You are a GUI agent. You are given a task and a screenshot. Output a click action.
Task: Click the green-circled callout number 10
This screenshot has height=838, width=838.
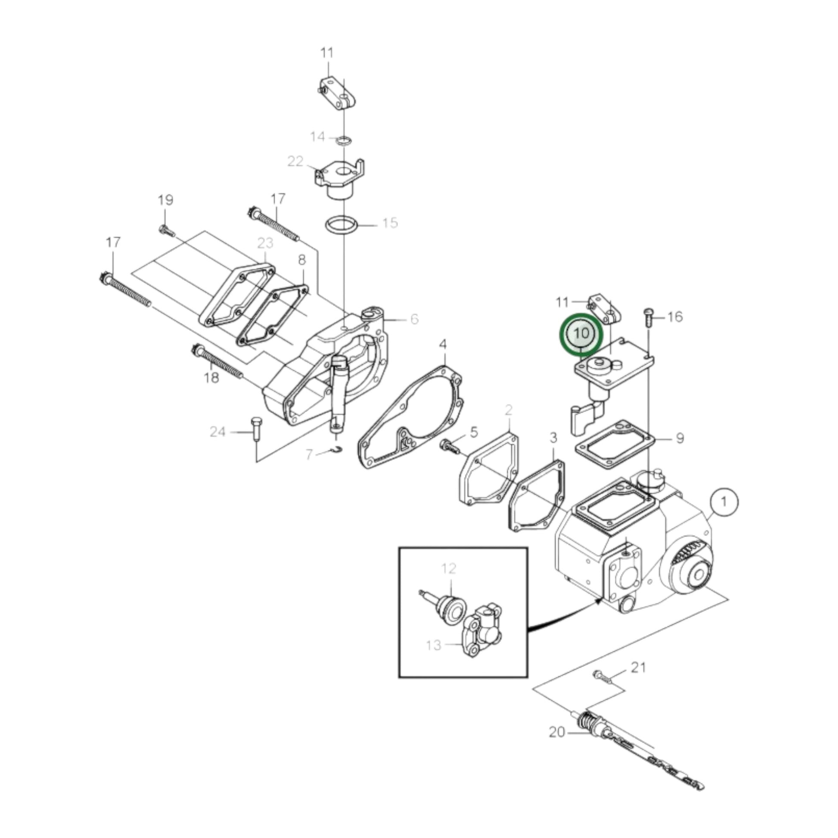click(581, 334)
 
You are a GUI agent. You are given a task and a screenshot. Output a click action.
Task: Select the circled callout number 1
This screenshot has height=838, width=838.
click(724, 502)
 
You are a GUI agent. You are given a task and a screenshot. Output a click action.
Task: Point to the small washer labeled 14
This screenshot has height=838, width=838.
click(344, 140)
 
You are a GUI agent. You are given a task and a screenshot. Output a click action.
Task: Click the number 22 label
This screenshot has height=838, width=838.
click(295, 161)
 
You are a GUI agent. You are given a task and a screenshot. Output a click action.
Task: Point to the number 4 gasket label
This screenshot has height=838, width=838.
click(442, 345)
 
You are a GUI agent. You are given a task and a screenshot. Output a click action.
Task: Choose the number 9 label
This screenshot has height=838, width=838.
click(680, 438)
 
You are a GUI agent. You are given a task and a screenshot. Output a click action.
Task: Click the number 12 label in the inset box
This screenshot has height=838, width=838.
click(449, 568)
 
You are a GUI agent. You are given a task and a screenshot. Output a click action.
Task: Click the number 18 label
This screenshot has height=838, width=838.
click(211, 378)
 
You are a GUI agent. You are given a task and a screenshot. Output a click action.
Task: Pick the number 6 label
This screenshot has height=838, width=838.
click(414, 319)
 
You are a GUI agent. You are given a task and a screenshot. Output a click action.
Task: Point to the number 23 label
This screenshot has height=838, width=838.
click(265, 242)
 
